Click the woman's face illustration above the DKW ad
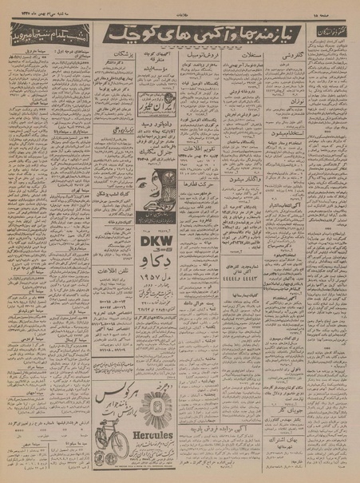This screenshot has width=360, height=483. click(x=154, y=188)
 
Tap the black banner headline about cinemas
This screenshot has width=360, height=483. click(x=46, y=36)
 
